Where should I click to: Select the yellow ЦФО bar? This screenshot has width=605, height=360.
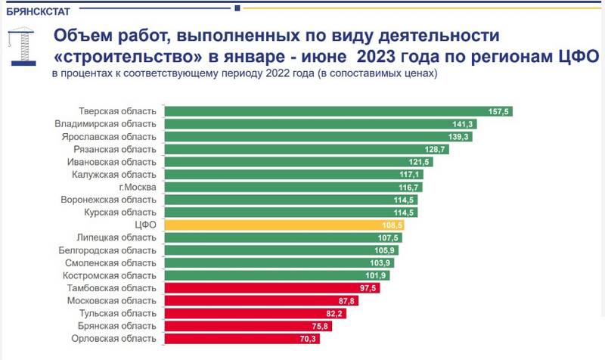tap(284, 225)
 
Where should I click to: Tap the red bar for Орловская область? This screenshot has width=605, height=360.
tap(242, 338)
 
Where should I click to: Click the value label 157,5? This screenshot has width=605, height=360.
tap(499, 111)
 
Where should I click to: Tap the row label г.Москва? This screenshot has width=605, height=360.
tap(138, 187)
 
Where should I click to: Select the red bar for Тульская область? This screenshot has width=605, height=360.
tap(255, 313)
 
